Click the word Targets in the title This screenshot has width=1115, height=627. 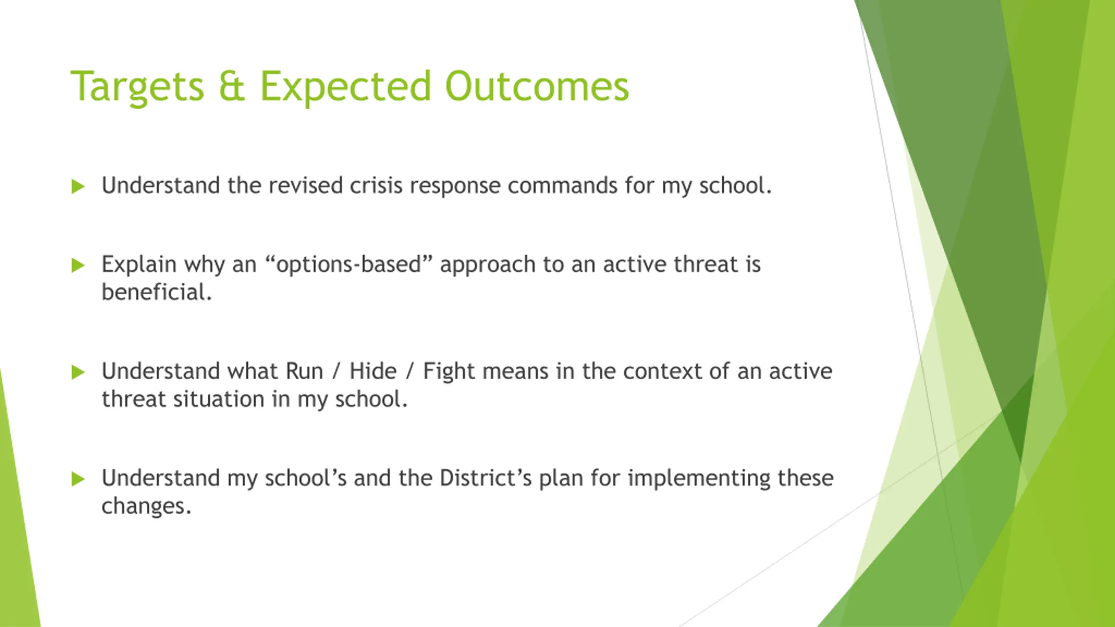tap(137, 87)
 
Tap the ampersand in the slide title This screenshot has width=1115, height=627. tap(232, 86)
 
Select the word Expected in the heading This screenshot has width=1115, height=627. tap(345, 87)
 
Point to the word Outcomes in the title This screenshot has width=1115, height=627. tap(537, 86)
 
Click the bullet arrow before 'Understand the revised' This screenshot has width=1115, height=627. tap(78, 186)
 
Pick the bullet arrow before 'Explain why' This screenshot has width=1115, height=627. tap(78, 265)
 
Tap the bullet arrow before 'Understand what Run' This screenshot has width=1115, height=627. tap(78, 372)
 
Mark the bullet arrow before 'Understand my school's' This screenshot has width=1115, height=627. tap(78, 479)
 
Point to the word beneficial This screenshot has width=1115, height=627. tap(157, 292)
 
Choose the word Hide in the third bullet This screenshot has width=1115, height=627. tap(373, 371)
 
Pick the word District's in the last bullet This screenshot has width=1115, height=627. tap(486, 478)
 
